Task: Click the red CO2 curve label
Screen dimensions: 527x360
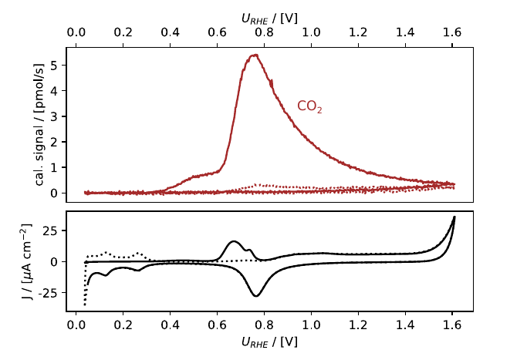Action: click(309, 106)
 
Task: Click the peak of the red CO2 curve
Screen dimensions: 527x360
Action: click(255, 55)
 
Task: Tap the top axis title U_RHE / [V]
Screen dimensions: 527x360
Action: click(269, 19)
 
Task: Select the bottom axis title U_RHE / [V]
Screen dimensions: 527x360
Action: click(269, 341)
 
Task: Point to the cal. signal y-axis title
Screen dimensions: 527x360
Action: click(39, 124)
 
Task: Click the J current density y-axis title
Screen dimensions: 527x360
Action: click(26, 262)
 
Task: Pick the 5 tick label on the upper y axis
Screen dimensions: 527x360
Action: click(54, 66)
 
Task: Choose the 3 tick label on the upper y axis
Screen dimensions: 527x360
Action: click(54, 116)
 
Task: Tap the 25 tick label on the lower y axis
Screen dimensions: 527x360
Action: click(49, 230)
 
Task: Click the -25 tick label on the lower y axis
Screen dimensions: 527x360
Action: click(48, 293)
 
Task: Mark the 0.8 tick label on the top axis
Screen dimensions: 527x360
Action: click(264, 32)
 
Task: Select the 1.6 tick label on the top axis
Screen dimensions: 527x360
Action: click(452, 32)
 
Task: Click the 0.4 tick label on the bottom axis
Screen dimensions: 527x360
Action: click(170, 325)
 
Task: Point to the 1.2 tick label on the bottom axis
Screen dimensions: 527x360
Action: click(358, 325)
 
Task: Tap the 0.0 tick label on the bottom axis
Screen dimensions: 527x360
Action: click(76, 325)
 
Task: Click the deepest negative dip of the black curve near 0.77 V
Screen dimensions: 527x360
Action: click(256, 296)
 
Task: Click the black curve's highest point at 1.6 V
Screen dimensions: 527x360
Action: click(454, 217)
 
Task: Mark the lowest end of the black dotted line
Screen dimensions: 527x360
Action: click(85, 304)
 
